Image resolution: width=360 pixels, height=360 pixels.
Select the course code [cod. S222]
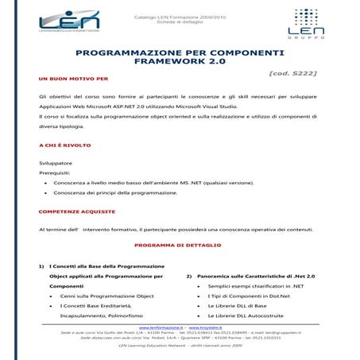(293, 72)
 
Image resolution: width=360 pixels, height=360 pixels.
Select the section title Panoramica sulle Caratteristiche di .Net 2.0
(255, 275)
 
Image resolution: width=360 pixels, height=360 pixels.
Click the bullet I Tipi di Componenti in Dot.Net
(251, 295)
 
